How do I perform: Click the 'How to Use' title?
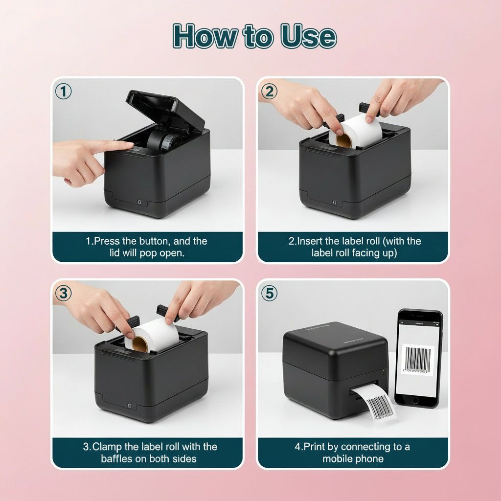pyautogui.click(x=254, y=36)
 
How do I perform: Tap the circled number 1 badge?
pyautogui.click(x=64, y=91)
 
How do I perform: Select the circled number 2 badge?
pyautogui.click(x=269, y=91)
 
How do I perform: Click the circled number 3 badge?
pyautogui.click(x=64, y=294)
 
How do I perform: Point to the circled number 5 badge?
pyautogui.click(x=269, y=294)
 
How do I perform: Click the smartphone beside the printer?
pyautogui.click(x=418, y=358)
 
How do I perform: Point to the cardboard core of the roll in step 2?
pyautogui.click(x=343, y=140)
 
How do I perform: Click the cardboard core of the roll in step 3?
pyautogui.click(x=140, y=344)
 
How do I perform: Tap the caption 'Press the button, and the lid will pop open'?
pyautogui.click(x=147, y=247)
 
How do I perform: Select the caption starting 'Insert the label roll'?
pyautogui.click(x=353, y=247)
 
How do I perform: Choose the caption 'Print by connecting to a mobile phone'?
pyautogui.click(x=353, y=452)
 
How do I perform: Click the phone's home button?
pyautogui.click(x=415, y=400)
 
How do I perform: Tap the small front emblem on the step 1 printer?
pyautogui.click(x=139, y=201)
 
